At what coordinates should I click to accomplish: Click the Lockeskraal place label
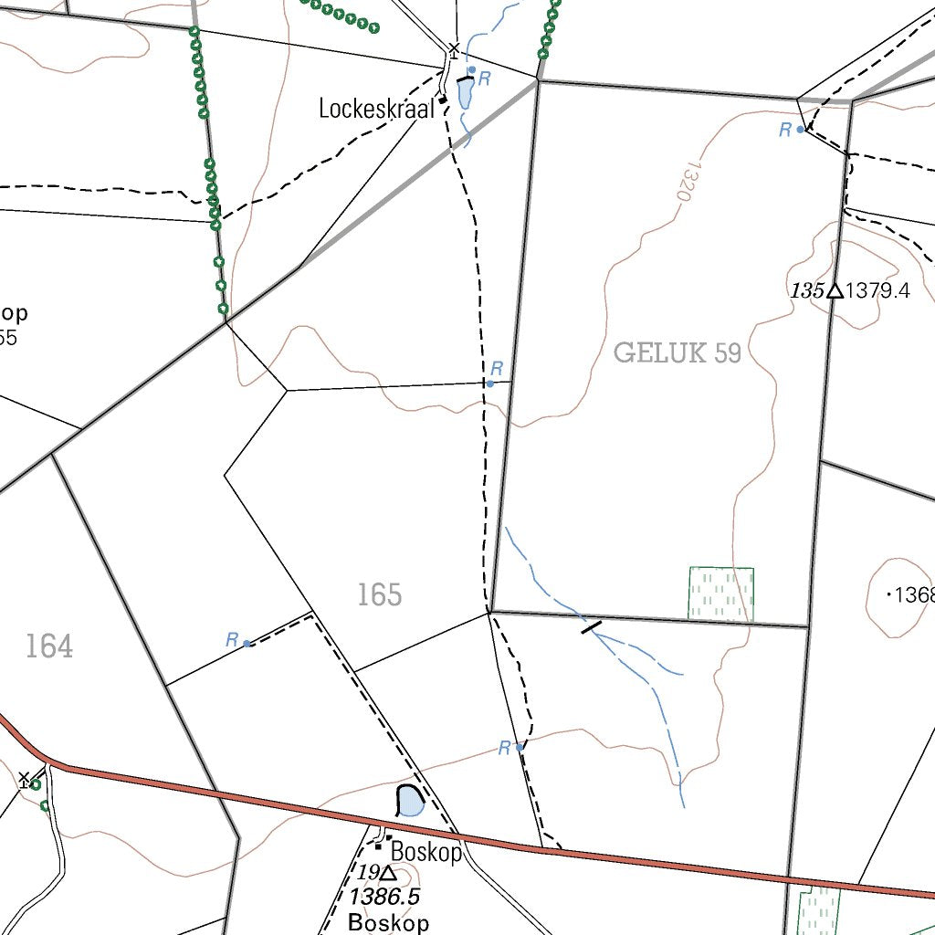tap(376, 109)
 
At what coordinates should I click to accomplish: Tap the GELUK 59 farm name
tap(677, 352)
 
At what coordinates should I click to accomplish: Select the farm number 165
tap(379, 595)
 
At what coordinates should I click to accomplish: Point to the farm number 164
tap(48, 646)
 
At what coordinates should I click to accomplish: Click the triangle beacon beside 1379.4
tap(834, 291)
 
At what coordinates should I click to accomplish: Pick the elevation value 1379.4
tap(878, 291)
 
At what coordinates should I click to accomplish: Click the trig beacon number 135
tap(807, 291)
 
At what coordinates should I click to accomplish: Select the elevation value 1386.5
tap(384, 897)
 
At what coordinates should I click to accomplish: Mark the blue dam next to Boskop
tap(411, 802)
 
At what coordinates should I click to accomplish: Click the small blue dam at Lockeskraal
tap(465, 93)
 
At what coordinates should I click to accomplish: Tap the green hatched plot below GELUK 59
tap(720, 593)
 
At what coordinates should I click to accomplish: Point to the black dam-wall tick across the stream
tap(592, 626)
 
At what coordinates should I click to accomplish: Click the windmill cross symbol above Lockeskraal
tap(453, 47)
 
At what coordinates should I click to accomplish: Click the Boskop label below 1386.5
tap(388, 921)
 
